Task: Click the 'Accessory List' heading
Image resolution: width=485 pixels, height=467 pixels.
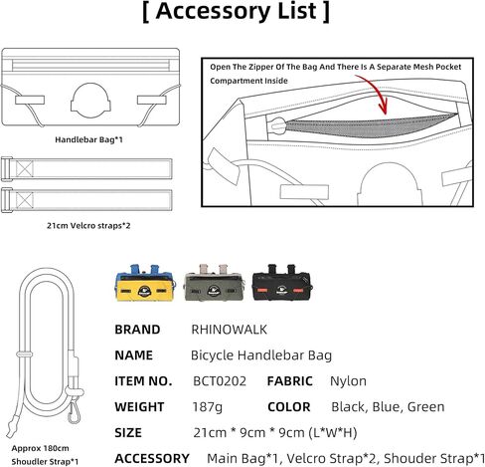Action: [237, 12]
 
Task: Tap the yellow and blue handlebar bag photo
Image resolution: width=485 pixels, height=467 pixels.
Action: [145, 283]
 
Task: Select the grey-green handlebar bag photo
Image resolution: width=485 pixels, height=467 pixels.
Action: [214, 283]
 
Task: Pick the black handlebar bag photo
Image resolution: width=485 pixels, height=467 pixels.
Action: [282, 283]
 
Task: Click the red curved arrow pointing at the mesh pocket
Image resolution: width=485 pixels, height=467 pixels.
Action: [378, 92]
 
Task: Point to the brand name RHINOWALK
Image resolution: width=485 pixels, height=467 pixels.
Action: [230, 330]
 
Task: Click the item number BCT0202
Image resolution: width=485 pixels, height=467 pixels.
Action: [220, 381]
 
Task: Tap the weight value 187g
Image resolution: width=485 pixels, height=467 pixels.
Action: [208, 407]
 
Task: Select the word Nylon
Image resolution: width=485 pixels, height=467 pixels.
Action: [348, 381]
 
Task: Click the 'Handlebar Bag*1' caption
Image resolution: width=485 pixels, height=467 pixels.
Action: [88, 139]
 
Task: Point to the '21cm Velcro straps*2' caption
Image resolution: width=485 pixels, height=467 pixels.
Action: [88, 226]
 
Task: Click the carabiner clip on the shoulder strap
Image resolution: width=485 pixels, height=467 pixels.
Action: [74, 411]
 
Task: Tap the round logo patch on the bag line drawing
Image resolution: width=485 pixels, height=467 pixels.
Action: [90, 102]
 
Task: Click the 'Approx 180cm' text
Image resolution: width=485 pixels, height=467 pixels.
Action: [40, 448]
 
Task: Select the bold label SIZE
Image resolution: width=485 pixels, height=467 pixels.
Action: [128, 433]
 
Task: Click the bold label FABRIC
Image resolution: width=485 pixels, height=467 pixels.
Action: [290, 381]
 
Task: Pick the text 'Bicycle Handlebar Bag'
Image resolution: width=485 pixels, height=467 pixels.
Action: [261, 355]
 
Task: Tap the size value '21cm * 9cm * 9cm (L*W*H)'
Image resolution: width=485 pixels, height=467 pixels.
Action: [275, 433]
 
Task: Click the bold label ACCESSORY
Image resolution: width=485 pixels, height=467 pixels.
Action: [152, 459]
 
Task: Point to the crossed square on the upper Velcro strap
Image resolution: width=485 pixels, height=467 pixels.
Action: [25, 169]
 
